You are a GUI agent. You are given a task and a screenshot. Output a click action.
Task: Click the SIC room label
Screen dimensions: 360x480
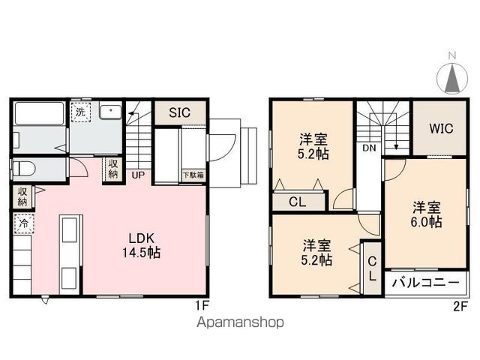click(x=178, y=113)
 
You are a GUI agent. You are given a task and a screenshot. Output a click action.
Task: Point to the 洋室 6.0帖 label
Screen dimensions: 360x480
click(x=425, y=213)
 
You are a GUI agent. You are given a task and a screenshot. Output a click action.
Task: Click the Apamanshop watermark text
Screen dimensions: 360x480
click(x=241, y=323)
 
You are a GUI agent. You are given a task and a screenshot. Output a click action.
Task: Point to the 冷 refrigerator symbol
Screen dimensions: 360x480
click(x=23, y=223)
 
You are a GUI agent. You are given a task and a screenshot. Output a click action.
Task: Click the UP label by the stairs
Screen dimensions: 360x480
click(x=138, y=175)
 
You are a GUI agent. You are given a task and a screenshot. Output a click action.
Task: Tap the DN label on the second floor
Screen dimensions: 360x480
click(x=369, y=148)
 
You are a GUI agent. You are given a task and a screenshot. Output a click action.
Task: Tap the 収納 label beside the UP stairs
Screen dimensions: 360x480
click(x=112, y=168)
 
